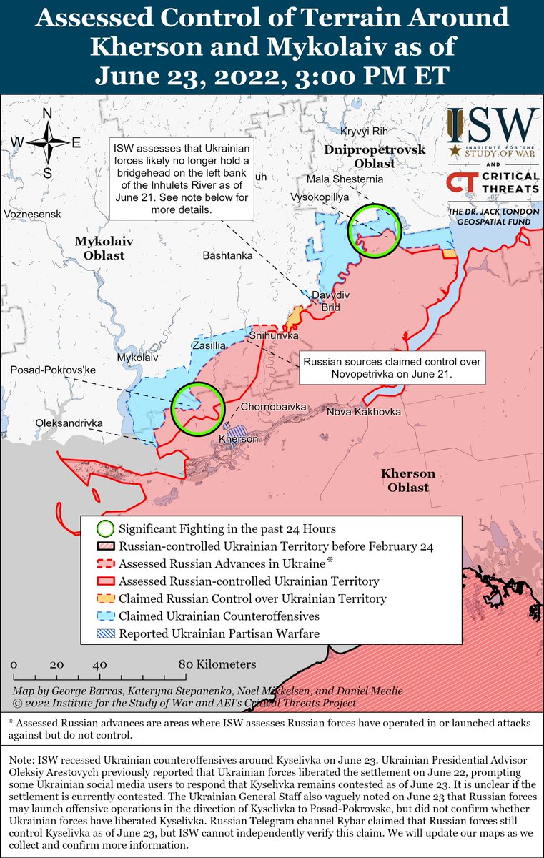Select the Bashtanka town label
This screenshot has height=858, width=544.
click(227, 255)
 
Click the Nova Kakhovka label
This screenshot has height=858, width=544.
click(364, 413)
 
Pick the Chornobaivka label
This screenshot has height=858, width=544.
click(273, 407)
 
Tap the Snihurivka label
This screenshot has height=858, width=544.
click(273, 335)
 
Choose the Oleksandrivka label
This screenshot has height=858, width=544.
click(69, 423)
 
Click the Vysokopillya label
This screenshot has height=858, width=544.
click(319, 195)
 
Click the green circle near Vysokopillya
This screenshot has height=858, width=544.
click(374, 230)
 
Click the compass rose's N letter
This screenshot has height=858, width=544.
click(47, 114)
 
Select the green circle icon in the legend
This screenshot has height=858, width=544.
click(105, 529)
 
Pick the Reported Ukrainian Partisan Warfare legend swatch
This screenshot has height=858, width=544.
click(105, 633)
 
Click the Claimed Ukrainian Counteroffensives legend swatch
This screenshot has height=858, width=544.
click(105, 616)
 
